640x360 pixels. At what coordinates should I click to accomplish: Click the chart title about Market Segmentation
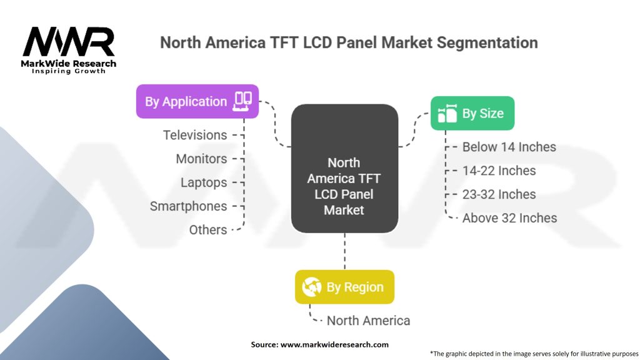pos(349,42)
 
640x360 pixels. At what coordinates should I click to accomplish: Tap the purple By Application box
pos(197,101)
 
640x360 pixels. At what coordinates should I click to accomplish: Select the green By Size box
pos(472,113)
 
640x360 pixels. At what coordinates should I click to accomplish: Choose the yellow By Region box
pos(344,287)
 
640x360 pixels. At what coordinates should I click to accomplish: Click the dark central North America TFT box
pos(344,169)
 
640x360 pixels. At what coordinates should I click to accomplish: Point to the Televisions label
pos(195,135)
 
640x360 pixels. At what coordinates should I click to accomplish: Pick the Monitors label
pos(201,159)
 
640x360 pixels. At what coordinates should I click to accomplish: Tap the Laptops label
pos(204,182)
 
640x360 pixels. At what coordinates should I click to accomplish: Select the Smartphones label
pos(188,206)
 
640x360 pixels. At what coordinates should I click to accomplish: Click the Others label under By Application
pos(208,230)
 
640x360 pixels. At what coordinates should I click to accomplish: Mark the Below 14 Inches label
pos(509,147)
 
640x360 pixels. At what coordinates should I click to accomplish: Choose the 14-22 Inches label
pos(499,171)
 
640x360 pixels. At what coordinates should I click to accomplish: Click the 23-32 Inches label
pos(499,194)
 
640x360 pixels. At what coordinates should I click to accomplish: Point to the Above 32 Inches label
pos(509,218)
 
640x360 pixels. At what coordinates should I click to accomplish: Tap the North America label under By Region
pos(368,321)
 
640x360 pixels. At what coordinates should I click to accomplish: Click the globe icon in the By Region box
pos(311,287)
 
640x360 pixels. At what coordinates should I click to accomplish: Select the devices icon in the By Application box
pos(242,101)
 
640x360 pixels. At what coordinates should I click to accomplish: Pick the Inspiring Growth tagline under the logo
pos(69,71)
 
